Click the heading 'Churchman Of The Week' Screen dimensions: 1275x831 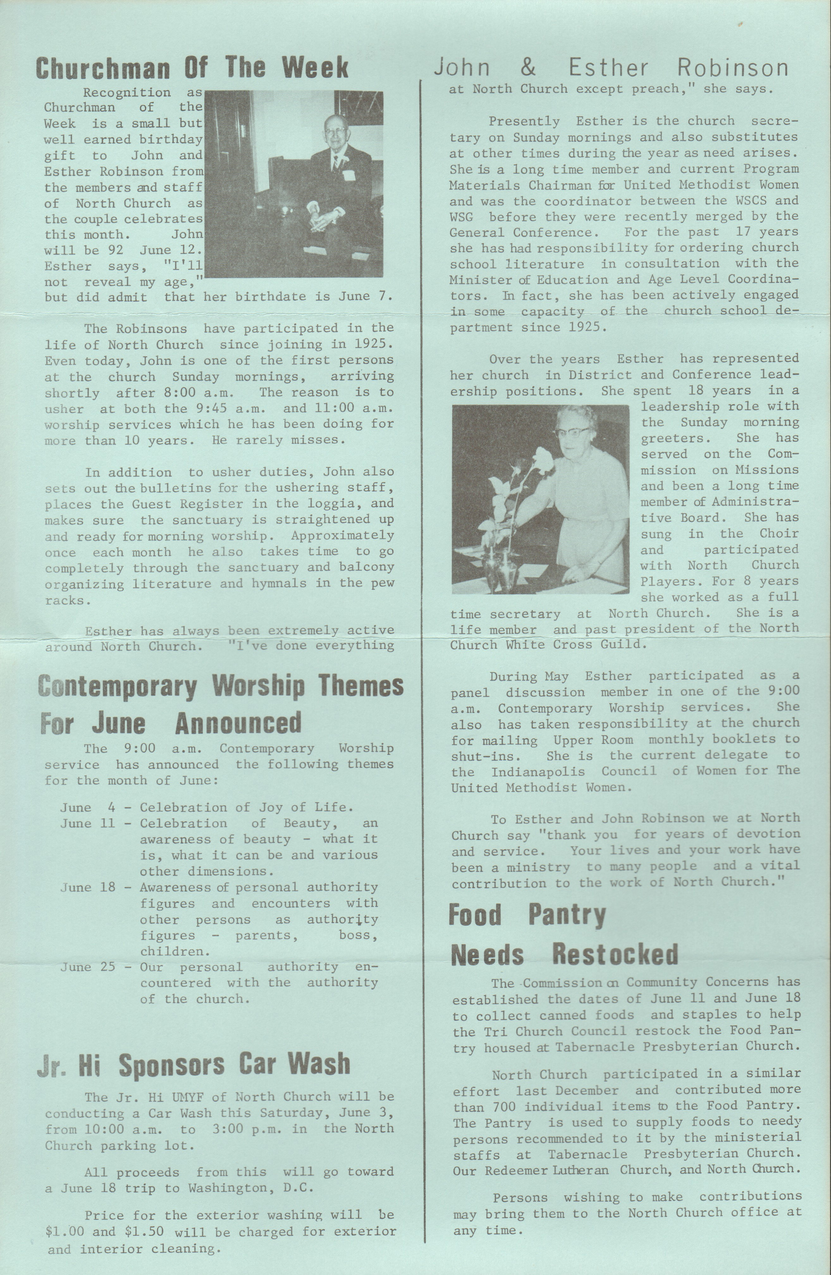click(x=192, y=68)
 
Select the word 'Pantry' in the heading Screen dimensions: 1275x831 click(x=567, y=915)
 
